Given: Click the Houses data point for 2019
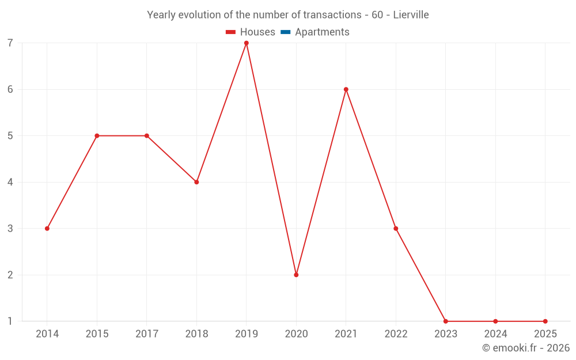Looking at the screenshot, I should pos(247,43).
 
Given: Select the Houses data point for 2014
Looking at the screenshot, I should pos(47,229).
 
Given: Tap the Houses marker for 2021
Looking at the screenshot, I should pos(346,89).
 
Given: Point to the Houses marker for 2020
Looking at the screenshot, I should pos(296,275).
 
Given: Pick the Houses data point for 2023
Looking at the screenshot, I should pos(446,321).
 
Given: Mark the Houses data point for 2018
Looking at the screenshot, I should pos(196,182).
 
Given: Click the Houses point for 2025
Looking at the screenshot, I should pos(545,321).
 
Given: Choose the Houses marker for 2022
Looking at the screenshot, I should pos(396,229).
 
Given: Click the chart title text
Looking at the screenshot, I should pos(288,15).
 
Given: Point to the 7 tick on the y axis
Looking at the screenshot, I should pos(10,43).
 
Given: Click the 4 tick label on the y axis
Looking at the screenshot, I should pos(10,182).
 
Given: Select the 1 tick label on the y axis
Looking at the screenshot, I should pos(10,321).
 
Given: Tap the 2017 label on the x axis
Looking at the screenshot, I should pos(147,334).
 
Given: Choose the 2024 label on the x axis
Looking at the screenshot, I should pos(495,334).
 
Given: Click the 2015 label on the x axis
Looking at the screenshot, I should pos(97,334).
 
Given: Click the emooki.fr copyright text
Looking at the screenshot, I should pos(525,348).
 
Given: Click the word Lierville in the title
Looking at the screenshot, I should pos(411,15).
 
